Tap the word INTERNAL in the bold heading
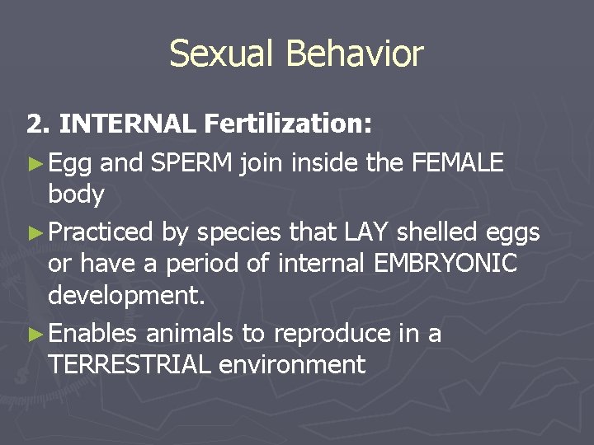tap(128, 124)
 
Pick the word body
tap(76, 195)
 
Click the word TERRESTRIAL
tap(130, 364)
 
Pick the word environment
tap(292, 364)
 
